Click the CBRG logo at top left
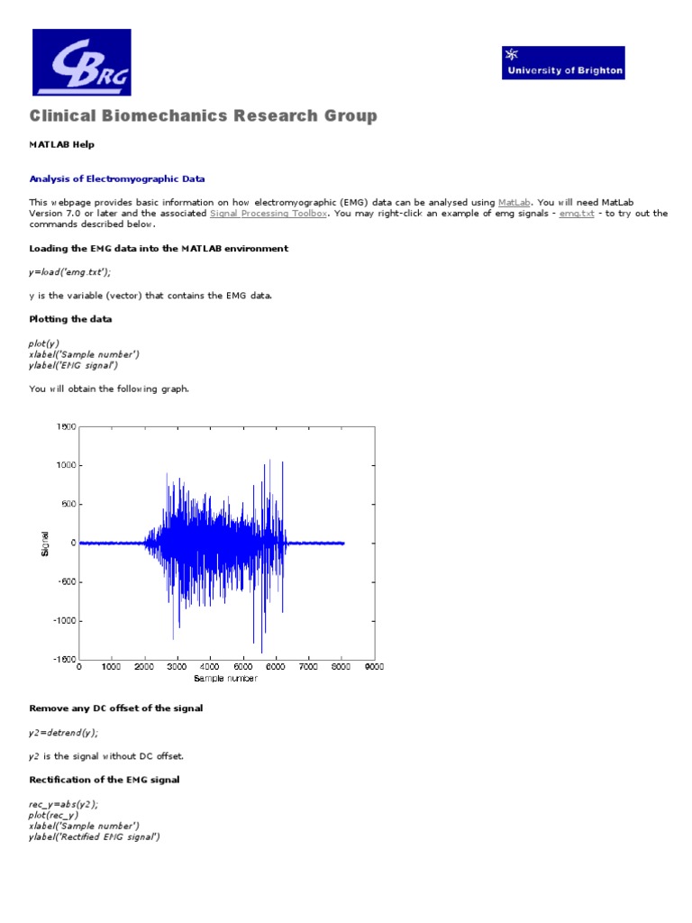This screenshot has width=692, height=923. point(82,62)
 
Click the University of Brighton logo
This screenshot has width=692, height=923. point(562,63)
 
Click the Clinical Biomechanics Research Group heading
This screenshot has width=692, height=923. point(204,116)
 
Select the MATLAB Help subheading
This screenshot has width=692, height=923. point(61,144)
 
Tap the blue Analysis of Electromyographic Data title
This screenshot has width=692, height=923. point(117,179)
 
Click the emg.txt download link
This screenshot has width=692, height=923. point(577,214)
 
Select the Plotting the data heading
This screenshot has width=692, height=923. point(71,319)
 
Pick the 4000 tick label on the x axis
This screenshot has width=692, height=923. point(210,668)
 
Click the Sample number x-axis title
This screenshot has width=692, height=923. point(225,679)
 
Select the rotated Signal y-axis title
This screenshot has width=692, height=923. point(45,543)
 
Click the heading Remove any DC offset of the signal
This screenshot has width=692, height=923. point(116,708)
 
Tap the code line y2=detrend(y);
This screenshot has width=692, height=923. point(64,733)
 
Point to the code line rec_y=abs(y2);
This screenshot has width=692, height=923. point(64,804)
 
